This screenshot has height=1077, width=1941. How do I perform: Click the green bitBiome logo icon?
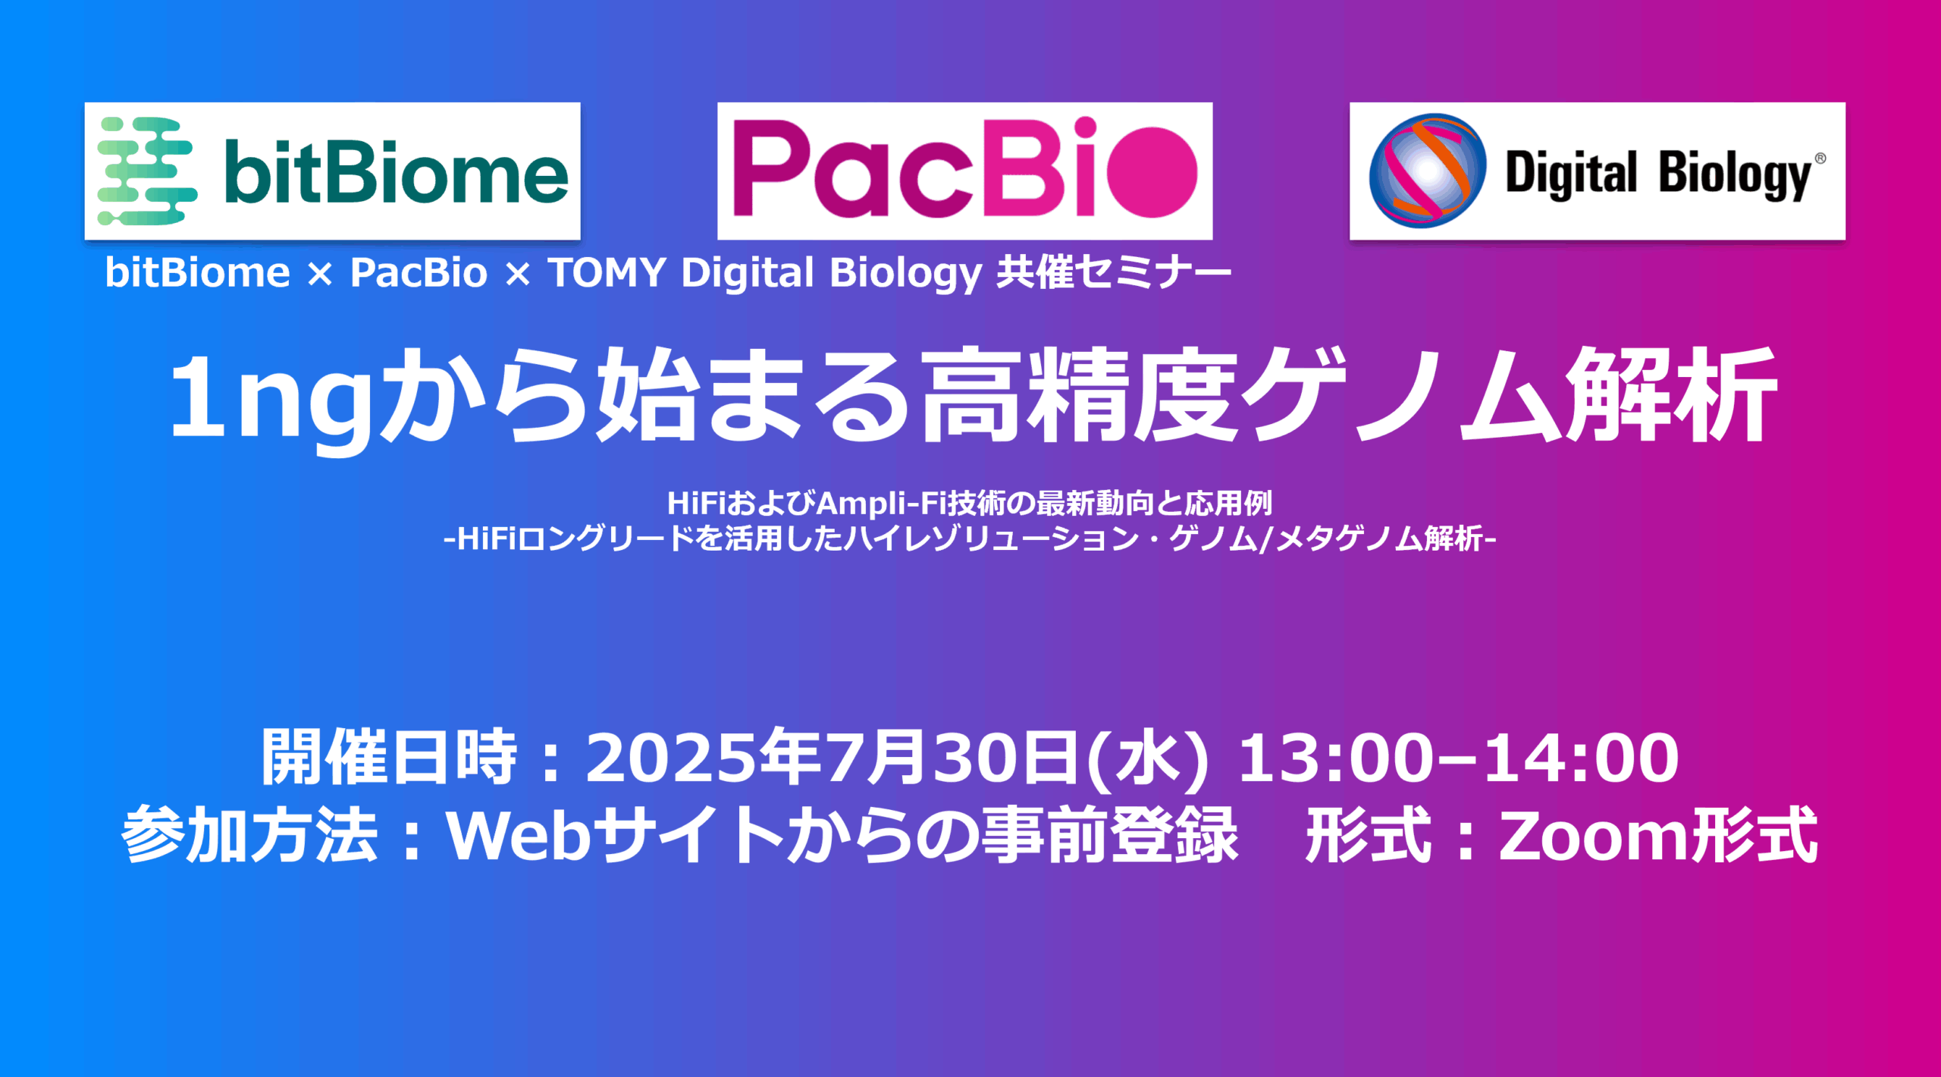tap(147, 171)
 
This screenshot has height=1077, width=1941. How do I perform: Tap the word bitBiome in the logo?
tap(396, 172)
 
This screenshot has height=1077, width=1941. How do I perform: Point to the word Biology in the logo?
tap(1736, 174)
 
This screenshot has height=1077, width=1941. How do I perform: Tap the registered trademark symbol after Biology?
tap(1820, 159)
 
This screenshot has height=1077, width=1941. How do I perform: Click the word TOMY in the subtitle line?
tap(607, 272)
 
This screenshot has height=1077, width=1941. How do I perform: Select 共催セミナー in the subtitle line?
tap(1114, 272)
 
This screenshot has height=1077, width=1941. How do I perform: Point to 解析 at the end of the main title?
tap(1672, 395)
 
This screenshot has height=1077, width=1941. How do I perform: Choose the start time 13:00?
tap(1335, 758)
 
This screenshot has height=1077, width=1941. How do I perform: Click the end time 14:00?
tap(1581, 758)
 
